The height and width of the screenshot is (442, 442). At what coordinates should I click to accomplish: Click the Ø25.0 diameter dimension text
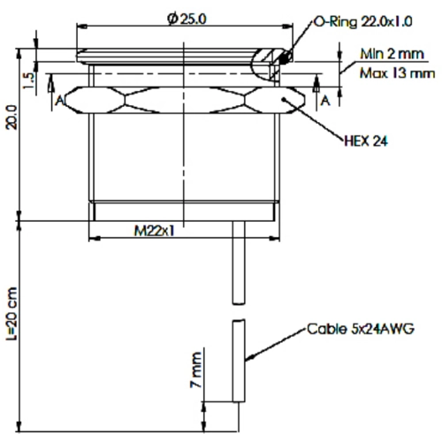coord(187,19)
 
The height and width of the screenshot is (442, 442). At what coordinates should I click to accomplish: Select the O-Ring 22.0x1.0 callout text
coord(362,22)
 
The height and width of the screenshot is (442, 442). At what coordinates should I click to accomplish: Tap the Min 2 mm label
coord(392,54)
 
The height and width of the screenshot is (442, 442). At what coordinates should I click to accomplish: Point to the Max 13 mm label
coord(397,73)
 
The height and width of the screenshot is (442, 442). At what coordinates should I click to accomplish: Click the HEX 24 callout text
coord(366,141)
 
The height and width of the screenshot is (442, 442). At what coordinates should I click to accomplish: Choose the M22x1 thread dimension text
coord(154,231)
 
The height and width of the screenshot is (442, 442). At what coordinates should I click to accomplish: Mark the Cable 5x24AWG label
coord(361,329)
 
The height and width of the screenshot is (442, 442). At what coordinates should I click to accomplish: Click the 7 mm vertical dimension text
coord(196,370)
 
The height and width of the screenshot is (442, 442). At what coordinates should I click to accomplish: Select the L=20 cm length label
coord(12,314)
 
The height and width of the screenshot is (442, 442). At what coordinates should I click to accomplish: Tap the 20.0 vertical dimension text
coord(12,118)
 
